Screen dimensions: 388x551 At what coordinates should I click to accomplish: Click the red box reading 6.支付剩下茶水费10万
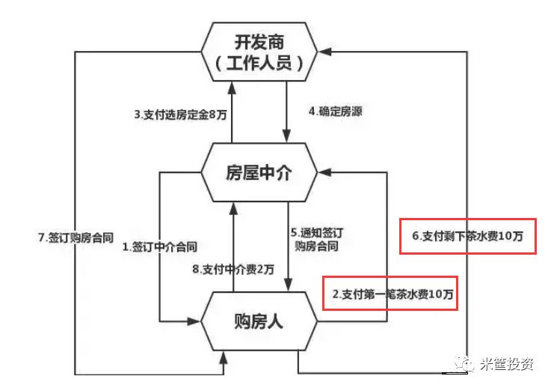(467, 236)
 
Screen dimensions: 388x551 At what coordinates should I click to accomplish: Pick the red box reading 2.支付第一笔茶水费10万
(388, 294)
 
